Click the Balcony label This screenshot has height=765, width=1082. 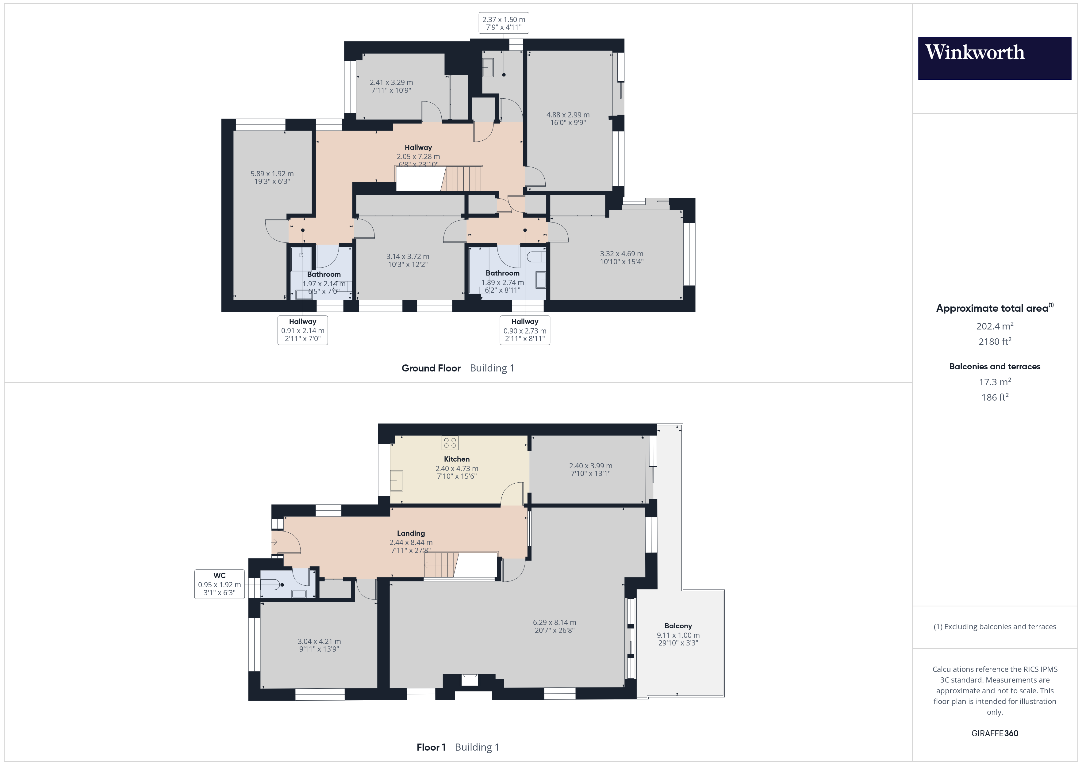pos(678,626)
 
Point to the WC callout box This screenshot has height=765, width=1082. pos(219,584)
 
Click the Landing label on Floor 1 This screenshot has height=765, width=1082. pos(410,533)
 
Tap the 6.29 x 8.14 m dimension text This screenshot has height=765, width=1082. pos(554,622)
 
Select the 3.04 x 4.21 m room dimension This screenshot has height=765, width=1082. pos(319,641)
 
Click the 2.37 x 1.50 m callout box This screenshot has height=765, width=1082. pos(503,23)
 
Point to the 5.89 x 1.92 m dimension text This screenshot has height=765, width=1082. pos(272,174)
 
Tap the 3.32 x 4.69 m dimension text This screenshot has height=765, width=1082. pos(621,254)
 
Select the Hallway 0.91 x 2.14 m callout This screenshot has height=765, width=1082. pos(302,330)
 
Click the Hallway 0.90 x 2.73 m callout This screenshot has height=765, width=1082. pos(524,330)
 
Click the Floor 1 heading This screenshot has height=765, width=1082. pos(431,747)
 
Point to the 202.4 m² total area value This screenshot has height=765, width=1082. pos(994,326)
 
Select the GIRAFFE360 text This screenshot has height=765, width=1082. pos(994,733)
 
